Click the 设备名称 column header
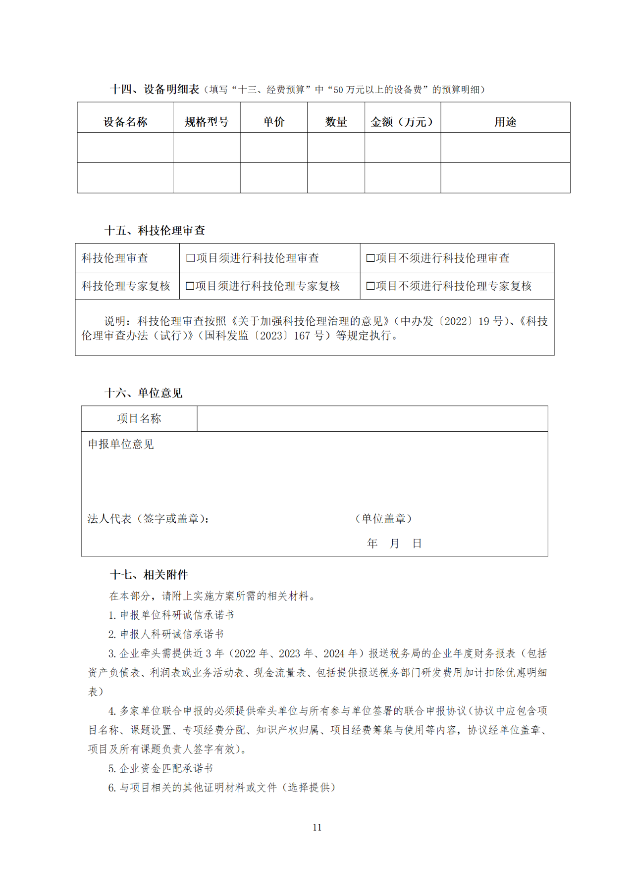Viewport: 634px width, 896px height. point(125,122)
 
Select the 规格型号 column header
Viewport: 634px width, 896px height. point(207,122)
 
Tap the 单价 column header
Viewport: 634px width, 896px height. point(273,122)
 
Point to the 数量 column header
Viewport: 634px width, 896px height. point(336,122)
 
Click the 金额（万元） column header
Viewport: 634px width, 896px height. point(402,122)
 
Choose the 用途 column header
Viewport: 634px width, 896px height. point(505,122)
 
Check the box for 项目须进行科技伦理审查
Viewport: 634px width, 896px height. point(190,258)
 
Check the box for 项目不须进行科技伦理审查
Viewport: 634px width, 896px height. point(370,258)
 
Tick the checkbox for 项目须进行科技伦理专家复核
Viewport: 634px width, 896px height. point(190,286)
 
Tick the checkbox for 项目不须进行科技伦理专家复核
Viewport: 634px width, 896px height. point(370,286)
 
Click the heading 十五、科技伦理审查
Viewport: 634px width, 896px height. point(155,230)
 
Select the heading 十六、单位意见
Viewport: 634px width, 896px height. point(143,393)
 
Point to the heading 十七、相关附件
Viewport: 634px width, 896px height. point(149,575)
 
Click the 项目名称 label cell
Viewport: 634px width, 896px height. point(139,419)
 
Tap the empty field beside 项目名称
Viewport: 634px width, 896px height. point(372,419)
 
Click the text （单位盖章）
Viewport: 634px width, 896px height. point(384,519)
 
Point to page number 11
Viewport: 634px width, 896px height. point(317,827)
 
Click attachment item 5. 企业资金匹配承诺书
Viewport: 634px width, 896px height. point(161,768)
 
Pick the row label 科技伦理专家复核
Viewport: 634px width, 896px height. point(126,286)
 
